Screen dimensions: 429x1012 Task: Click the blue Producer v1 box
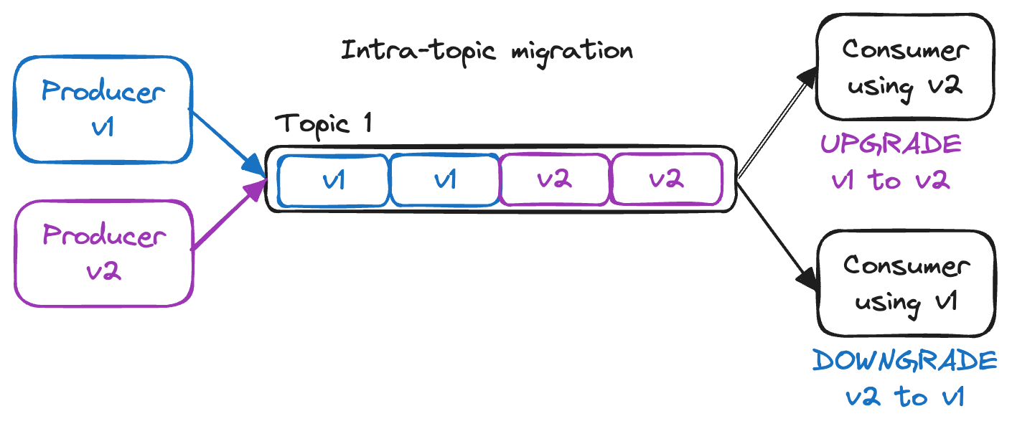click(x=103, y=108)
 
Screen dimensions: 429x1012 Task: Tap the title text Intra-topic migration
click(x=487, y=52)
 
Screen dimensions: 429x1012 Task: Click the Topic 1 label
click(x=324, y=123)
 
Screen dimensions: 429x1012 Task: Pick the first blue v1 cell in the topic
click(x=334, y=179)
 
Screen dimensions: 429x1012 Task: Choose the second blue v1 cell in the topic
click(x=444, y=179)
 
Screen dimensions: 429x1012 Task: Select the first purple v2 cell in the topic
click(x=554, y=179)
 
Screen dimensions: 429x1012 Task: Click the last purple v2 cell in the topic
click(x=665, y=179)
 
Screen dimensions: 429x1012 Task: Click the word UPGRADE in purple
click(x=891, y=145)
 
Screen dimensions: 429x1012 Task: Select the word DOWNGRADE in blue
click(x=905, y=361)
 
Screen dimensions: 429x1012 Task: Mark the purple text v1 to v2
click(x=891, y=180)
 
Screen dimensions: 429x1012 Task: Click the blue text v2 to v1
click(x=904, y=397)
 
